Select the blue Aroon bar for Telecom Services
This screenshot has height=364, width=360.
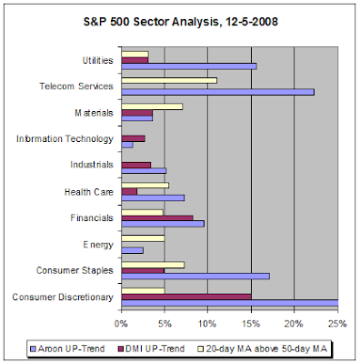click(218, 92)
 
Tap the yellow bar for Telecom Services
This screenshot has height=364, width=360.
click(169, 80)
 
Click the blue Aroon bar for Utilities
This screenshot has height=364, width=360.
click(189, 66)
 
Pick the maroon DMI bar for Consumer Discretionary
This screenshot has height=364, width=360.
click(186, 297)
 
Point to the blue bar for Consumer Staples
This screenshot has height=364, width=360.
click(195, 276)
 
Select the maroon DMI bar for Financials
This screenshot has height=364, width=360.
click(157, 217)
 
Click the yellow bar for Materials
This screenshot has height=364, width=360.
click(152, 106)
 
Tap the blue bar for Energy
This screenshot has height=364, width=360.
click(133, 250)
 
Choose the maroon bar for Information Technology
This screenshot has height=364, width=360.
click(133, 138)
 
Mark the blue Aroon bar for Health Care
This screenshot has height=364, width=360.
click(153, 198)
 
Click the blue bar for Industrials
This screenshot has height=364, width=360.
click(144, 171)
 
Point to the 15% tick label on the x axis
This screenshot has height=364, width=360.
click(251, 324)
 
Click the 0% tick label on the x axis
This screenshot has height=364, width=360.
click(121, 324)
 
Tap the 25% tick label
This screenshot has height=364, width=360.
click(337, 324)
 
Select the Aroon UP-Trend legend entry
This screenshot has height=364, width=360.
click(68, 349)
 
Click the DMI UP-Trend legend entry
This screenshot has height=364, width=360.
click(151, 349)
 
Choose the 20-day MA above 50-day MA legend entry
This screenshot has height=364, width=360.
click(263, 349)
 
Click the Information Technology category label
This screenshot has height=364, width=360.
click(65, 139)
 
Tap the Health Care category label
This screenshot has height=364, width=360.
click(89, 192)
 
